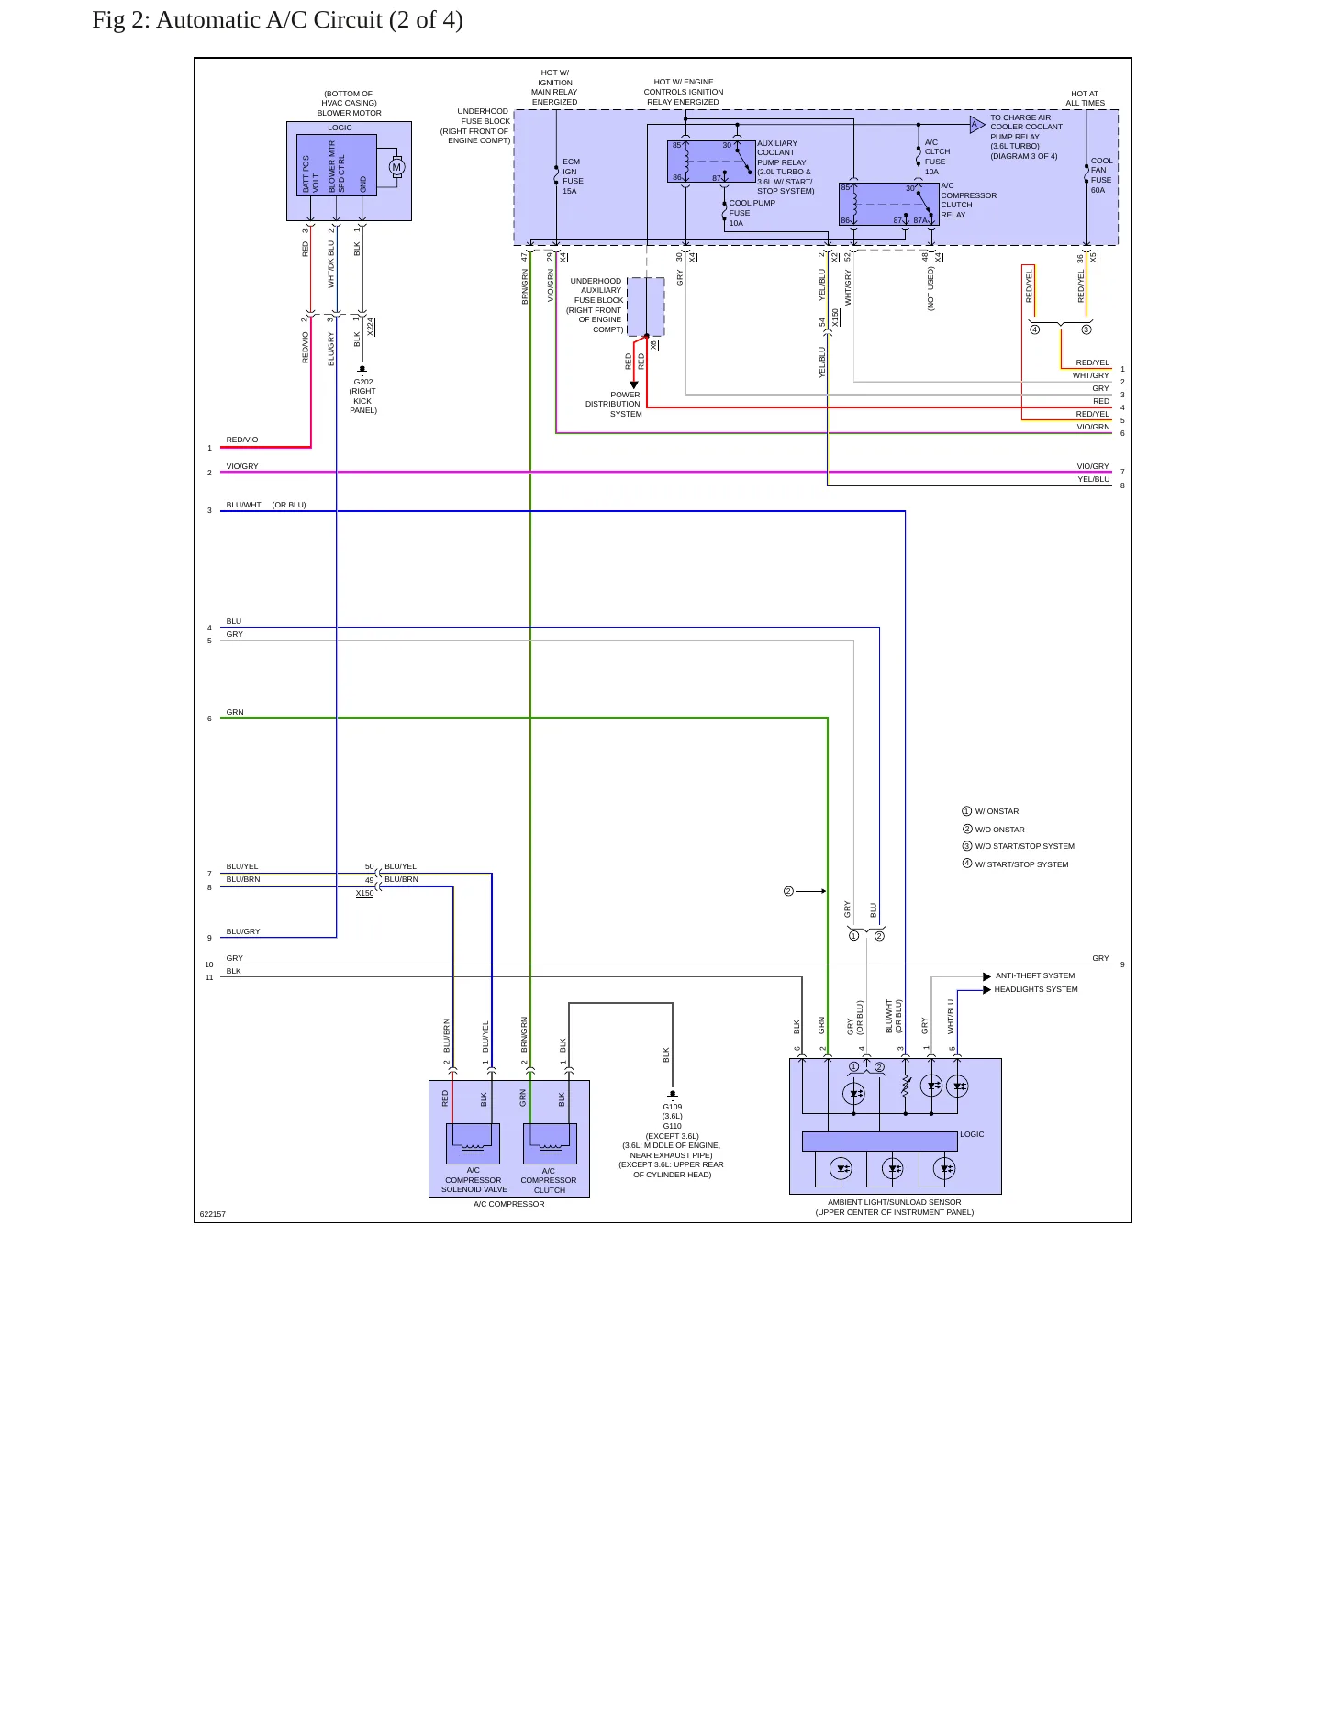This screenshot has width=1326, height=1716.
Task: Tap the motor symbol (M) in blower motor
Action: pyautogui.click(x=397, y=167)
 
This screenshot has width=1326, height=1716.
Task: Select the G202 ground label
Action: pyautogui.click(x=363, y=382)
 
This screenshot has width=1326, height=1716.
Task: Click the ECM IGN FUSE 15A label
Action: pyautogui.click(x=572, y=176)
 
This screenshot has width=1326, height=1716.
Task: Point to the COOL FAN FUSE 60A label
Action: pyautogui.click(x=1101, y=175)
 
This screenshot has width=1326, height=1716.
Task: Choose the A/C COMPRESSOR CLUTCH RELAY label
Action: pyautogui.click(x=968, y=200)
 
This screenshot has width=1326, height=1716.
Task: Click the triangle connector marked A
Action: pyautogui.click(x=977, y=124)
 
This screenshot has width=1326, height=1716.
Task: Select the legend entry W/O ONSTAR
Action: pyautogui.click(x=999, y=830)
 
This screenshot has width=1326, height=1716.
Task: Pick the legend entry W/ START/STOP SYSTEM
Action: pyautogui.click(x=1021, y=864)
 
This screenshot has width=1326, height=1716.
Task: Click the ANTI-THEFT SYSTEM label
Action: pyautogui.click(x=1035, y=976)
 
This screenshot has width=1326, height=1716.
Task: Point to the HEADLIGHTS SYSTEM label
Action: pyautogui.click(x=1036, y=989)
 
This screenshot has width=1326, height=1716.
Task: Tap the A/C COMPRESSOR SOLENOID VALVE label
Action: pyautogui.click(x=474, y=1180)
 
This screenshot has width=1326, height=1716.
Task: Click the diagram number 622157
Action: pyautogui.click(x=213, y=1214)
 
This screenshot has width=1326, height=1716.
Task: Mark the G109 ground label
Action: pyautogui.click(x=673, y=1107)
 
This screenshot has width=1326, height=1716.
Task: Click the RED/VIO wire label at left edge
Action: pyautogui.click(x=242, y=440)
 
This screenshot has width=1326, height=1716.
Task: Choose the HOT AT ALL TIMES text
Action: pyautogui.click(x=1085, y=98)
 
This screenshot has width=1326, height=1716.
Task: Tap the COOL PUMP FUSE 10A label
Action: pyautogui.click(x=752, y=213)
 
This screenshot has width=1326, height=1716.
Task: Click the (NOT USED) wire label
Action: pyautogui.click(x=930, y=288)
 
